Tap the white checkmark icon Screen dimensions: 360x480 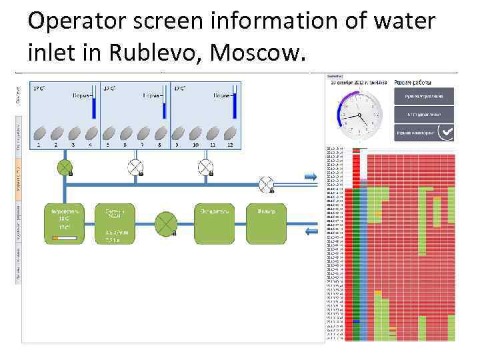tap(445, 133)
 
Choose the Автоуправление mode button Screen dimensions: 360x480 tap(423, 114)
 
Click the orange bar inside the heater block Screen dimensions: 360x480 tap(63, 237)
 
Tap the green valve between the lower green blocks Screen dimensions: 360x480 tap(165, 224)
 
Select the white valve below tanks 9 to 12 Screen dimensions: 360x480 tap(205, 166)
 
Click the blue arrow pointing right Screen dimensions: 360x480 tap(311, 177)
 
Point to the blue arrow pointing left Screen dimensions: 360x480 tap(311, 231)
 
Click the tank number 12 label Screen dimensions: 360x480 tap(230, 145)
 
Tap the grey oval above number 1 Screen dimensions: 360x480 tap(39, 133)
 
